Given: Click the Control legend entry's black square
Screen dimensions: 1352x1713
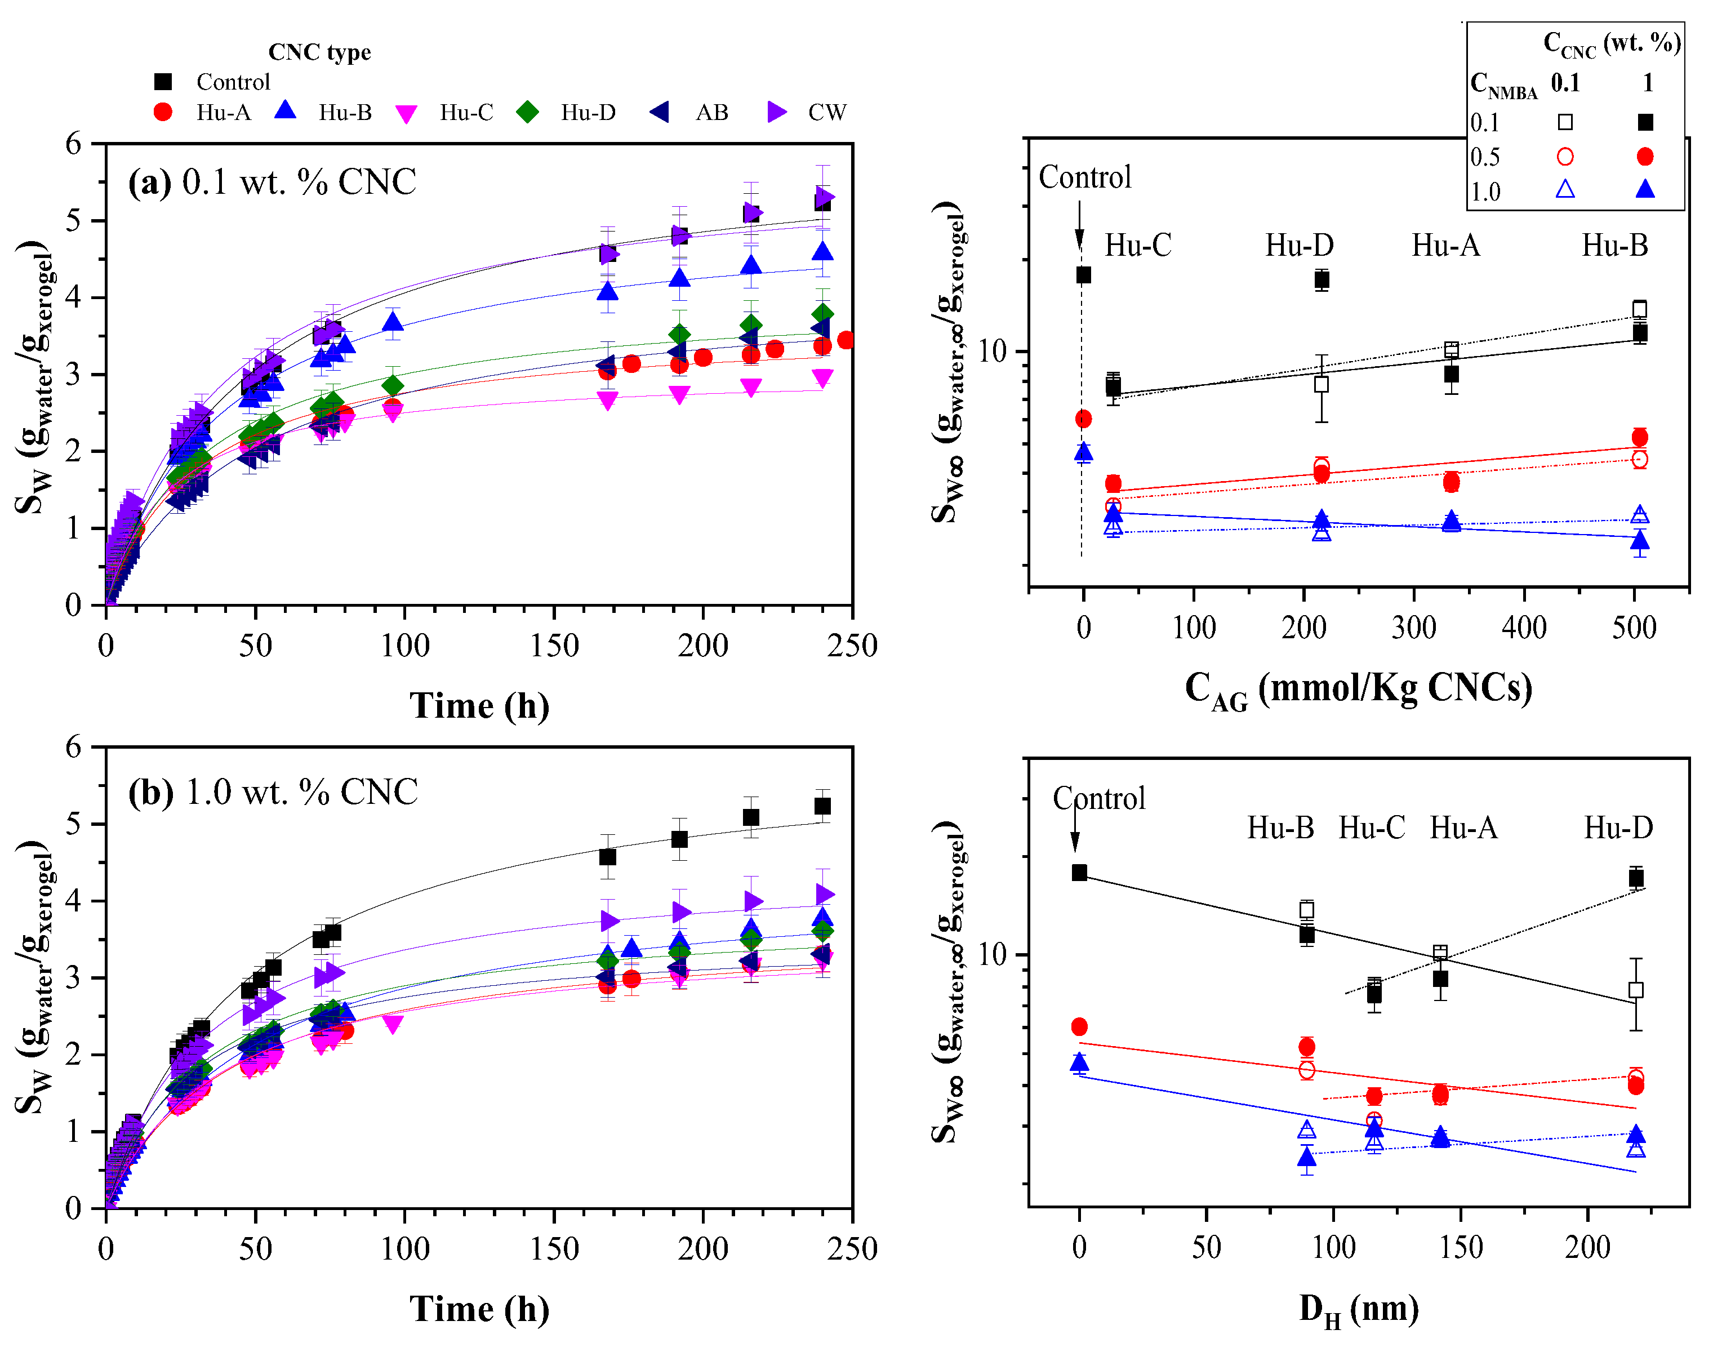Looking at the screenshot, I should click(x=163, y=82).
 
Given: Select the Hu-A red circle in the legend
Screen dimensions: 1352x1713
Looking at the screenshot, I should click(x=163, y=113).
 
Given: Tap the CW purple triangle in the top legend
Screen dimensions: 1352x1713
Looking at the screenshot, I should click(x=777, y=113).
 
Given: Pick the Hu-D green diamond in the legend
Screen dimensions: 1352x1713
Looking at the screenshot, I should click(x=527, y=113).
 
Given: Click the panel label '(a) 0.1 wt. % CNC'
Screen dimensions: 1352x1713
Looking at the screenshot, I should click(x=272, y=182).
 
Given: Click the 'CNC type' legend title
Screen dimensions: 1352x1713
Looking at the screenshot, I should click(x=319, y=52).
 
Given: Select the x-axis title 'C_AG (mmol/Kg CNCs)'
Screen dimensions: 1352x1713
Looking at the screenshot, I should click(x=1358, y=688).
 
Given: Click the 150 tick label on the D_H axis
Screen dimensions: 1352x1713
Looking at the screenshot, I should click(x=1461, y=1248).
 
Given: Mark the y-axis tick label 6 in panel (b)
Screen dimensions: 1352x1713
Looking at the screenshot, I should click(x=74, y=746).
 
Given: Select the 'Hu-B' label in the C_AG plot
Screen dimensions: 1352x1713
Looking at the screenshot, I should click(x=1615, y=246).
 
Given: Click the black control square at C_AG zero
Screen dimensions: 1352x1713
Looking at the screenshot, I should click(x=1084, y=275).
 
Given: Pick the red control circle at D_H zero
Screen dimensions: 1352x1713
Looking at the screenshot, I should click(x=1079, y=1026).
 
